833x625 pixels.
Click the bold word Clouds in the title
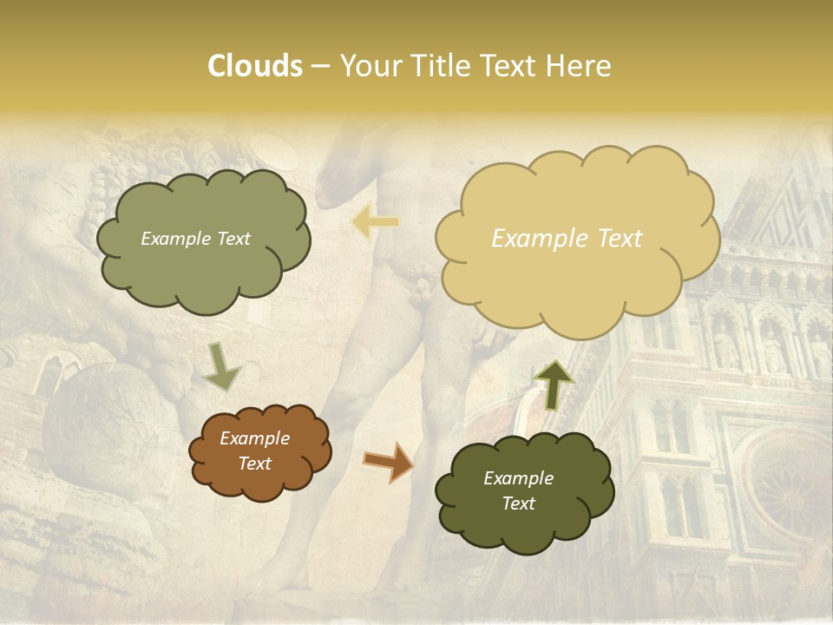pos(254,66)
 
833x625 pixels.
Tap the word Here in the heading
pos(580,66)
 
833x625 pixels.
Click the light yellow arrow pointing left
pos(375,222)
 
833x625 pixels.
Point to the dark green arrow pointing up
pos(554,383)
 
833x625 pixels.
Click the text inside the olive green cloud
pos(195,239)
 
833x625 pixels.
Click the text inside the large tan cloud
pos(567,239)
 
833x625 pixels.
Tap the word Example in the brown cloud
pos(254,438)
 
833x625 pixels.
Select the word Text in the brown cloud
pos(254,464)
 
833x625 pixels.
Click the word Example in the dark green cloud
pos(518,478)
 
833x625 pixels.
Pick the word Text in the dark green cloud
pos(518,503)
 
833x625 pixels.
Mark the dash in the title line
pos(319,67)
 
